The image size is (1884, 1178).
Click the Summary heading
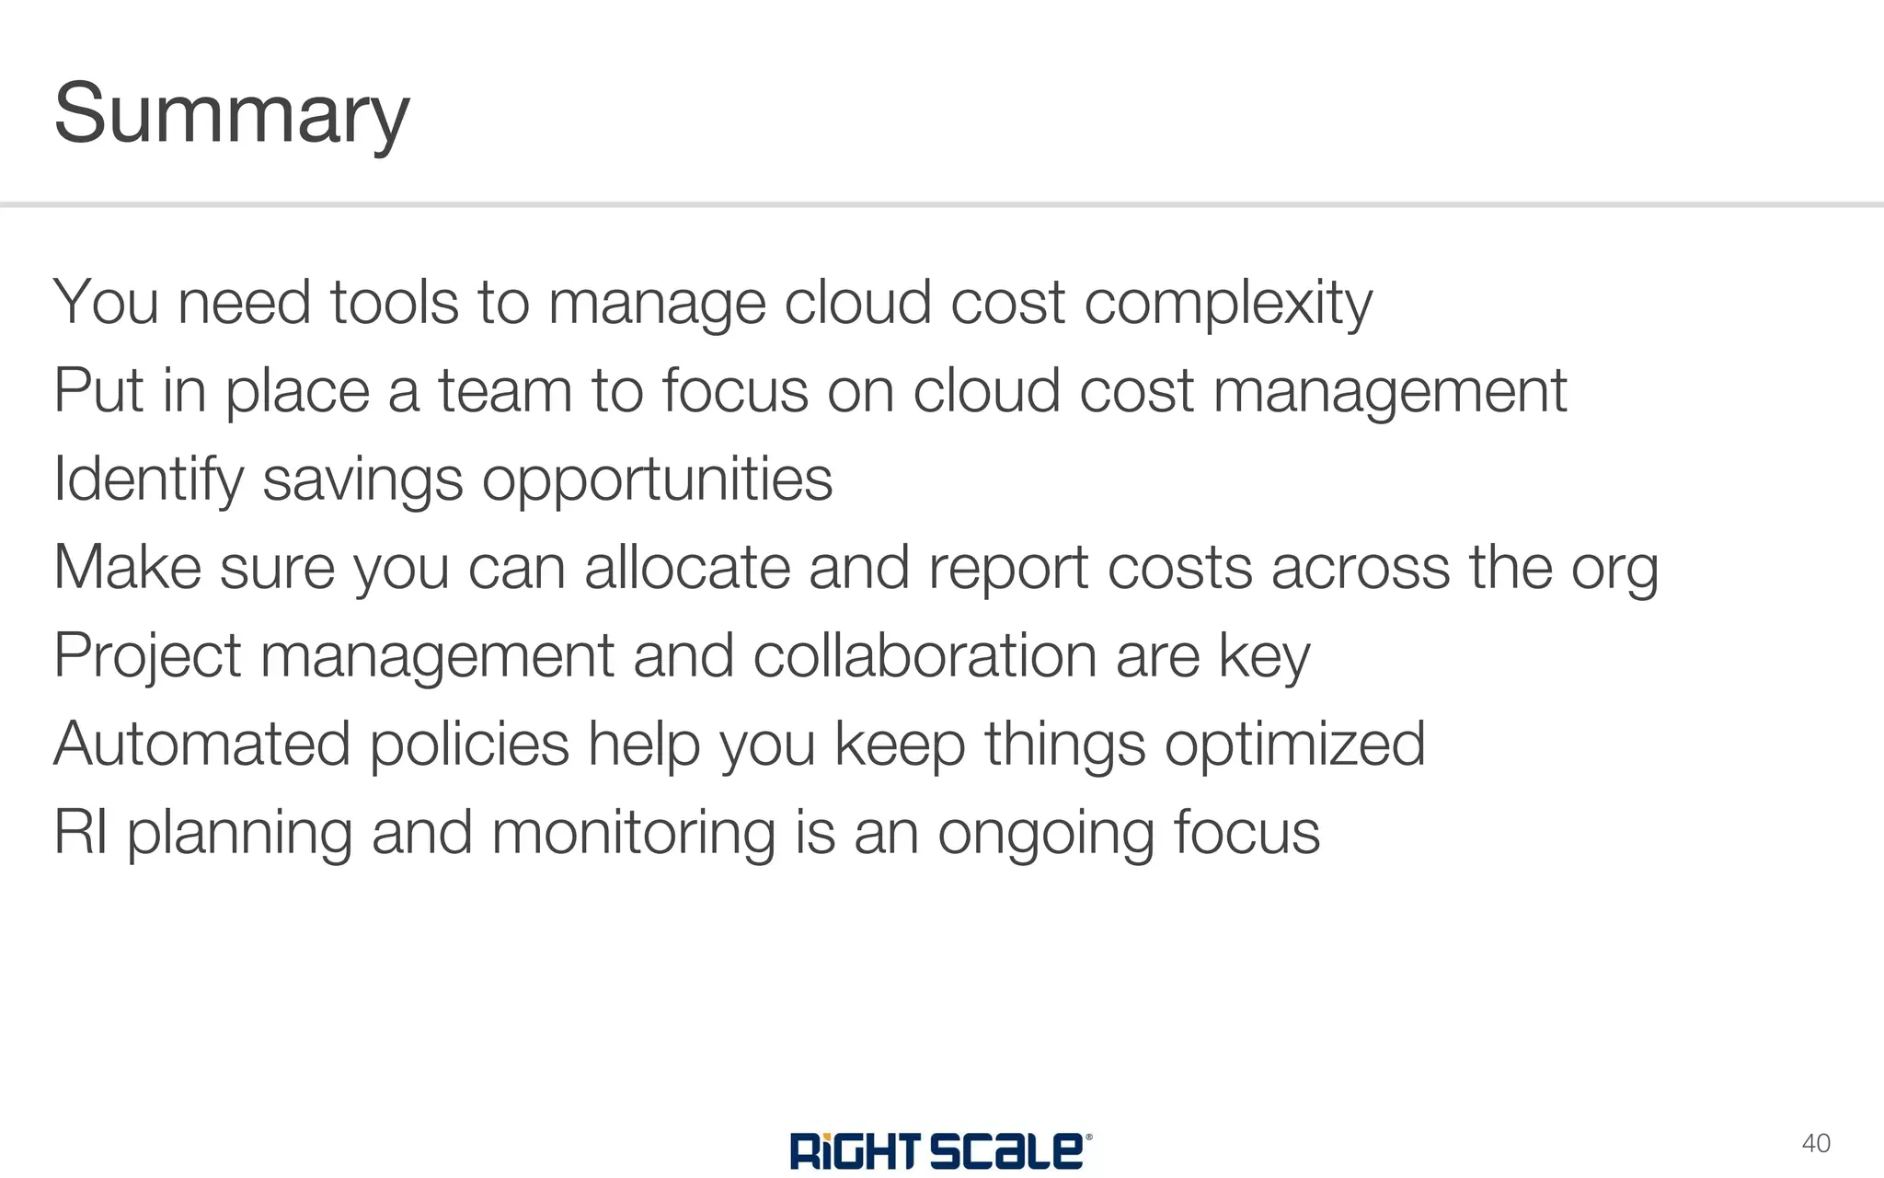[x=231, y=114]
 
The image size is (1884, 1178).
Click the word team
[x=504, y=390]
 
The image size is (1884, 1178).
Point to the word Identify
[x=147, y=480]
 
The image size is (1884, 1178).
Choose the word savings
[x=362, y=480]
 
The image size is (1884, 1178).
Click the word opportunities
[x=657, y=480]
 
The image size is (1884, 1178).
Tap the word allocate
[x=687, y=567]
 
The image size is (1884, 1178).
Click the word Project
[x=147, y=657]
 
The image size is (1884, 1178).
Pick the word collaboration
[x=925, y=655]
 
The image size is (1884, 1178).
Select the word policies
[x=469, y=745]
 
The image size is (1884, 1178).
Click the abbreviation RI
[x=80, y=832]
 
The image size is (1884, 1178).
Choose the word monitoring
[x=634, y=834]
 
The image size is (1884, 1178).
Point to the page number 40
[x=1815, y=1144]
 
